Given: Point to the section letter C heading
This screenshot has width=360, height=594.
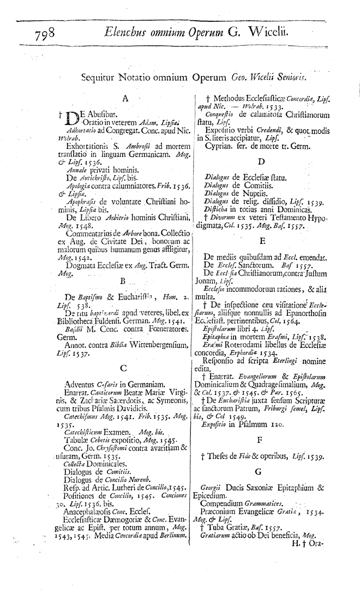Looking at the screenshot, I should click(124, 353).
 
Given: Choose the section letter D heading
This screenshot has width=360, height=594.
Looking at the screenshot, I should click(262, 162).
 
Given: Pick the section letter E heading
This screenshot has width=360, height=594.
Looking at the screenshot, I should click(262, 241).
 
